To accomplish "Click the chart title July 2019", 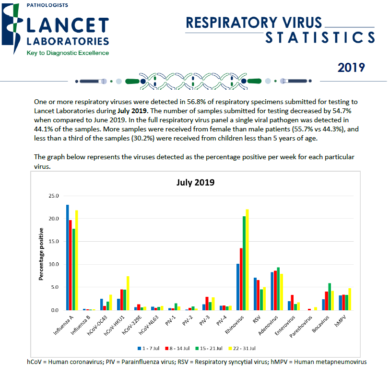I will [x=195, y=183].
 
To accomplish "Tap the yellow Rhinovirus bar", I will [x=248, y=259].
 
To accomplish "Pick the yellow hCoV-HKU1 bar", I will [x=128, y=293].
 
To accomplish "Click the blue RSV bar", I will [x=255, y=293].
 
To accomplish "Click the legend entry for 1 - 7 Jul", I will [x=149, y=348].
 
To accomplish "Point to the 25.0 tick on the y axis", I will [x=53, y=196].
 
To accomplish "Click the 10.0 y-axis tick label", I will [x=53, y=265].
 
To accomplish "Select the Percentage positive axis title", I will [x=42, y=253].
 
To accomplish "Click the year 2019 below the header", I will [x=351, y=68].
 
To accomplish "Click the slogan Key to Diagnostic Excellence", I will [x=68, y=53].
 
